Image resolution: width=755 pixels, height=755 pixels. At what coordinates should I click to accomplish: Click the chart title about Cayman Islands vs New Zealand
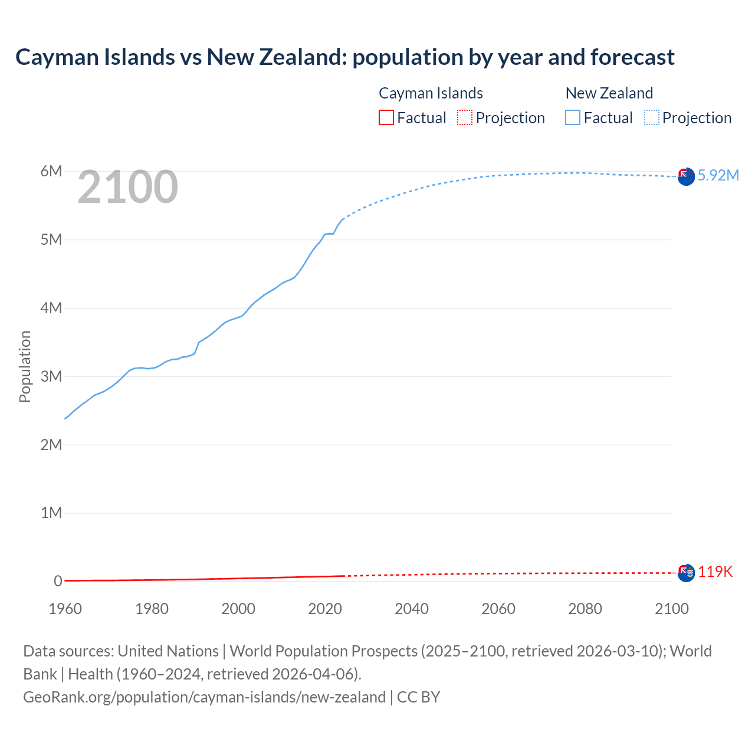pos(345,57)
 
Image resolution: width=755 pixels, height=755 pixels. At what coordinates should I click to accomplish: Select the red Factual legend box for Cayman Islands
pos(386,117)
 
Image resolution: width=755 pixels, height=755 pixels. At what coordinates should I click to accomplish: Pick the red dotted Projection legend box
pos(465,117)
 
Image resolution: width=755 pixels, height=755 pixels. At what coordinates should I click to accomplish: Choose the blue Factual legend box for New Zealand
pos(572,117)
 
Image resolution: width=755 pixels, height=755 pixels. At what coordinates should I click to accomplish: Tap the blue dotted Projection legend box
pos(651,117)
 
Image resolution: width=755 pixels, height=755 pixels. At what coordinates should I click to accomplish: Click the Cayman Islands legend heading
pos(431,93)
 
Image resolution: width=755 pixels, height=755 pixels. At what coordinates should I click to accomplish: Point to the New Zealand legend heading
pos(609,93)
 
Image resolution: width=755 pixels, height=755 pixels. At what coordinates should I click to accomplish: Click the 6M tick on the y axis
pos(51,171)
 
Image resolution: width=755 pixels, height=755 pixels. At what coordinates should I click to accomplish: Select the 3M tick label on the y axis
pos(51,376)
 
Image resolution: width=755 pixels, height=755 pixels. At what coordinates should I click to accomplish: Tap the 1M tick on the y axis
pos(51,513)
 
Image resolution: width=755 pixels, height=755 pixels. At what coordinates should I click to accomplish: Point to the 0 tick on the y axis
pos(58,581)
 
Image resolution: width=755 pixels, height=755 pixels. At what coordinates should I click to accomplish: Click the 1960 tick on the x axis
pos(65,609)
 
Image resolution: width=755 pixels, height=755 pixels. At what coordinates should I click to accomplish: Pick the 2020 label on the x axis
pos(325,609)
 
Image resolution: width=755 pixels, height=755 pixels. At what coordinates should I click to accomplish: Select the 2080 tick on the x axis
pos(585,609)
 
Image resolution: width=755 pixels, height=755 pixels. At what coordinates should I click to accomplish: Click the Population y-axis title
pos(25,366)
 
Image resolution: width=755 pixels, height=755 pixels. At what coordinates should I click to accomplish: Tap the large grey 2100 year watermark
pos(127,187)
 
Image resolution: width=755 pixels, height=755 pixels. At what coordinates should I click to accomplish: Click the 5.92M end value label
pos(718,175)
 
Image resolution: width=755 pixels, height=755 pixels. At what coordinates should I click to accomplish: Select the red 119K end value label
pos(715,572)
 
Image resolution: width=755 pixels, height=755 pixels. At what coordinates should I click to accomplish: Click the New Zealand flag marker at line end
pos(686,176)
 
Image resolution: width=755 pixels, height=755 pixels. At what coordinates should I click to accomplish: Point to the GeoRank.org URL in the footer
pos(204,697)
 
